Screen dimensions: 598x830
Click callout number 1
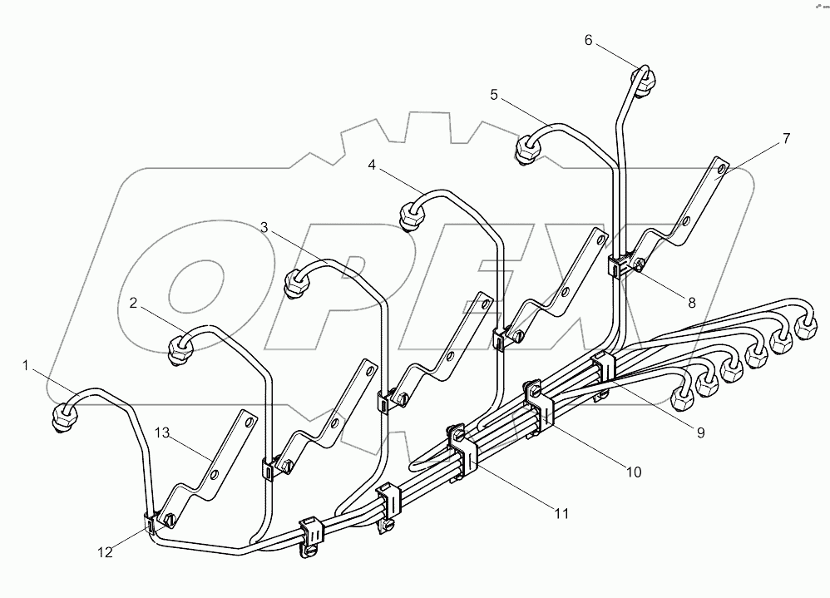(x=26, y=364)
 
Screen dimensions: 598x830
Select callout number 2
(x=133, y=303)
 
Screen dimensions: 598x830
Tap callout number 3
(x=264, y=226)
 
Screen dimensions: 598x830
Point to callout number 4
(x=373, y=166)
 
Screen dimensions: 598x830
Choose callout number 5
(x=494, y=95)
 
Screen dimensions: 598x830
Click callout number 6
(x=589, y=39)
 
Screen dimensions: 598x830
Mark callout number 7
(x=786, y=138)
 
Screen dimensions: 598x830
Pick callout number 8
(x=691, y=303)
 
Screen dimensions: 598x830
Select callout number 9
(x=700, y=432)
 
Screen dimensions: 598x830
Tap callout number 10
(x=634, y=472)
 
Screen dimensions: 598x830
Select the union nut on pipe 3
(x=295, y=283)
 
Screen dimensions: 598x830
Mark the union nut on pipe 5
(x=528, y=151)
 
